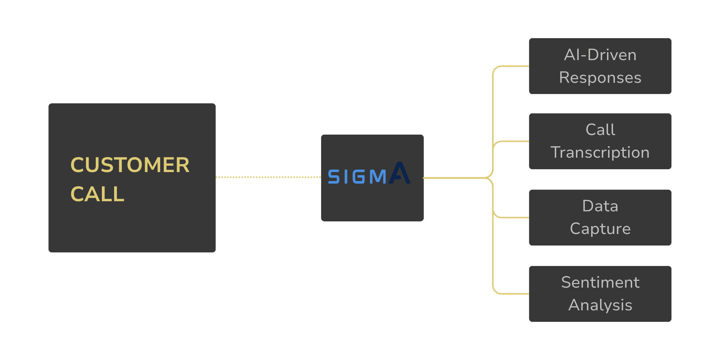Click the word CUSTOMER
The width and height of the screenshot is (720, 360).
coord(130,165)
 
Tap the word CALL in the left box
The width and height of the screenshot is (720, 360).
coord(97,194)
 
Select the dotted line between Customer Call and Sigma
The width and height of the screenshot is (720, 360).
coord(268,177)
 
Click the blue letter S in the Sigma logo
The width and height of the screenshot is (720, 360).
coord(334,177)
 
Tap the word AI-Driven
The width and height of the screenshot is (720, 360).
coord(600,55)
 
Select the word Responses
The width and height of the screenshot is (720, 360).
coord(600,78)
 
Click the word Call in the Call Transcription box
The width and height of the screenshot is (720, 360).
coord(600,130)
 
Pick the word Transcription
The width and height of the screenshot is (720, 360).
coord(600,152)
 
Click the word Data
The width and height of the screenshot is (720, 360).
coord(600,206)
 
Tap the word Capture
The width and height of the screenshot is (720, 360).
coord(600,229)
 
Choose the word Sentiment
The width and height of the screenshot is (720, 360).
coord(600,282)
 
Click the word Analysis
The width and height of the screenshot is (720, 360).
coord(600,305)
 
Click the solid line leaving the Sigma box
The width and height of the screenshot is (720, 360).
coord(454,178)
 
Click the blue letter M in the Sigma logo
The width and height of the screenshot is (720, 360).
coord(377,177)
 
